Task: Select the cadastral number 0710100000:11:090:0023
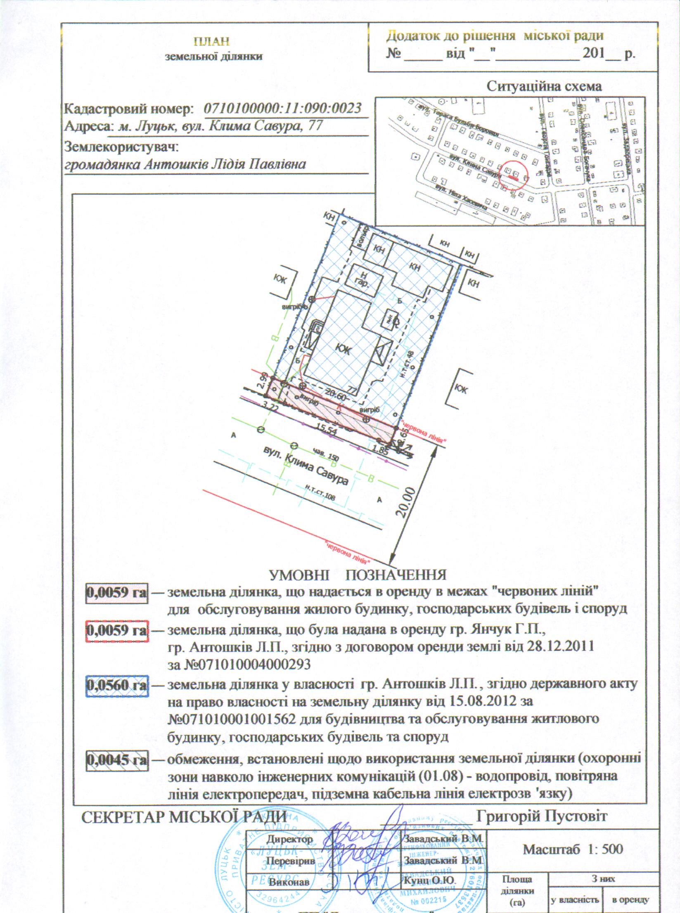(283, 108)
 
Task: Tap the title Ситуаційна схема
(544, 87)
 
